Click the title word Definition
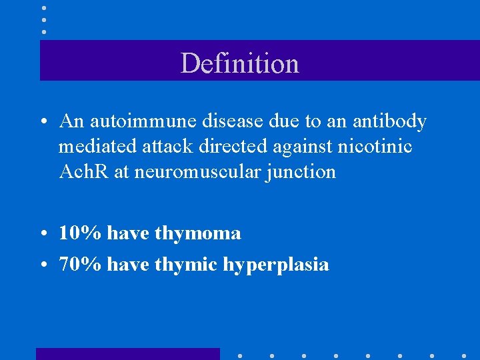point(239,63)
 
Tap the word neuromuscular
point(199,172)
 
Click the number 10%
point(80,233)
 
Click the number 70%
point(80,265)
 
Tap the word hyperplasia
point(276,265)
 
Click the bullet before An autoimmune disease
point(43,122)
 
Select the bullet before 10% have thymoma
point(43,234)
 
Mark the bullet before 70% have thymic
point(43,265)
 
